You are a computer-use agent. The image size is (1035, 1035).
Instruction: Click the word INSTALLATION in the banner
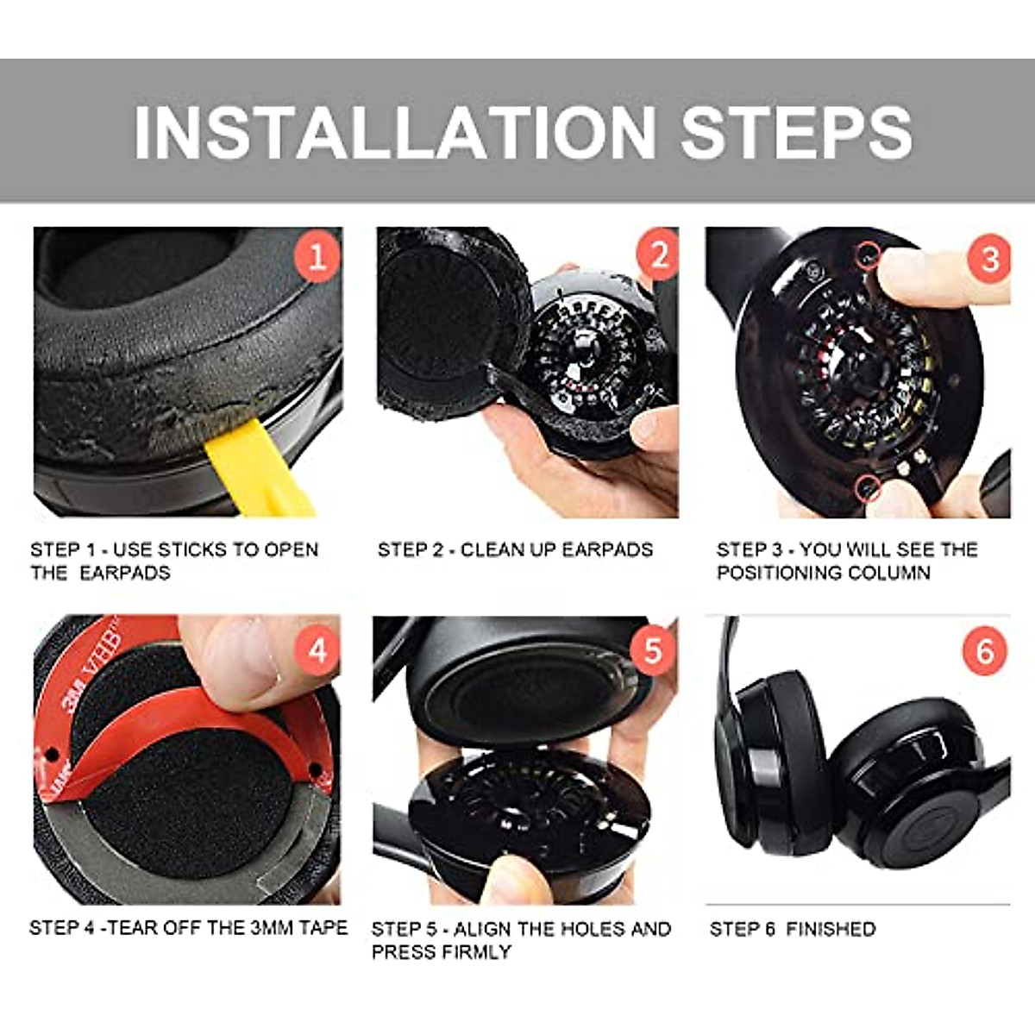[394, 132]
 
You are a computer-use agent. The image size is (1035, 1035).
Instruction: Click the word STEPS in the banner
[797, 132]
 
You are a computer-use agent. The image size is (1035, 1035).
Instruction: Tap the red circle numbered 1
[317, 257]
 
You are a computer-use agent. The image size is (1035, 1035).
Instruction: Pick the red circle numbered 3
[988, 259]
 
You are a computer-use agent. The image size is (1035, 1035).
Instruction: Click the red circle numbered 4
[317, 651]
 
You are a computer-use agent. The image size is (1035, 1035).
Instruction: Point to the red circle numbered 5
[653, 651]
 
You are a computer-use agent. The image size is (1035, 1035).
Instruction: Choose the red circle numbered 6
[985, 652]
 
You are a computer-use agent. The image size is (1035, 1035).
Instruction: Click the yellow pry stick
[257, 468]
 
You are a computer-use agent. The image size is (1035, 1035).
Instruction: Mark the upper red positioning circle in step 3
[869, 254]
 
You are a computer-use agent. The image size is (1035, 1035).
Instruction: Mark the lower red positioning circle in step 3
[868, 488]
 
